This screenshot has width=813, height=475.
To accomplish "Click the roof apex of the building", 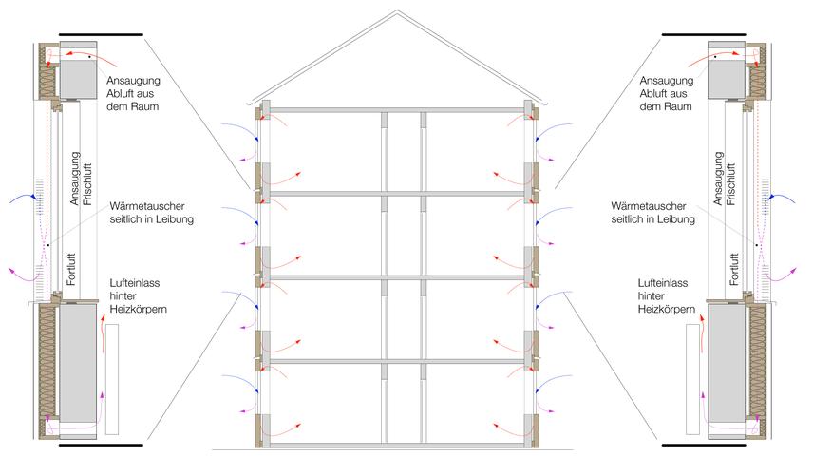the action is pyautogui.click(x=397, y=10).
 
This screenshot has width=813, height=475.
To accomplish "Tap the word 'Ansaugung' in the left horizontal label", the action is pyautogui.click(x=133, y=81).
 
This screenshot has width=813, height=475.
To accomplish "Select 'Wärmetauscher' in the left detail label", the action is pyautogui.click(x=147, y=206).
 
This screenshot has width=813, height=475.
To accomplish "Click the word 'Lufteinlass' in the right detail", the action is pyautogui.click(x=663, y=283).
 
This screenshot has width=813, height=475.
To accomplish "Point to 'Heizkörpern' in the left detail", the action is pyautogui.click(x=139, y=309).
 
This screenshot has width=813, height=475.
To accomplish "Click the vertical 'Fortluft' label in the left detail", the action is pyautogui.click(x=71, y=269).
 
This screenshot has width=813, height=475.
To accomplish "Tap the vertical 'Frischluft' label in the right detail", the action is pyautogui.click(x=730, y=184).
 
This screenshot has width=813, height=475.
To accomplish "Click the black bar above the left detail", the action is pyautogui.click(x=101, y=34).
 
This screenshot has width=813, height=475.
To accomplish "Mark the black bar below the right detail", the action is pyautogui.click(x=704, y=445).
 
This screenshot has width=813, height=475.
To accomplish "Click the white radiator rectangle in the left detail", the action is pyautogui.click(x=111, y=379).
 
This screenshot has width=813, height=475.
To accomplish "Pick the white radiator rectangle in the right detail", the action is pyautogui.click(x=692, y=379).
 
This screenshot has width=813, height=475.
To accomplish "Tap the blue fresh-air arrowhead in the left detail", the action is pyautogui.click(x=33, y=196).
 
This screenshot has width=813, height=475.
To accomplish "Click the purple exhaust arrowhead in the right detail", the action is pyautogui.click(x=793, y=270).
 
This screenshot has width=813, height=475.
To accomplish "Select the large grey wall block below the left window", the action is pyautogui.click(x=78, y=363).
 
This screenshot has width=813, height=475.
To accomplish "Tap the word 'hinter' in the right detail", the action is pyautogui.click(x=652, y=296).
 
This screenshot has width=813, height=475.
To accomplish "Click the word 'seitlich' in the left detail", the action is pyautogui.click(x=127, y=218).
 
